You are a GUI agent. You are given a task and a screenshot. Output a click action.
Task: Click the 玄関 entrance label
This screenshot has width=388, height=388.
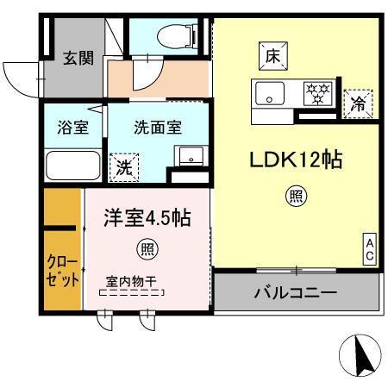click(77, 59)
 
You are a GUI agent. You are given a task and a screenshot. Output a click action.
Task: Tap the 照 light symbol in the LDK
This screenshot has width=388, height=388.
click(296, 197)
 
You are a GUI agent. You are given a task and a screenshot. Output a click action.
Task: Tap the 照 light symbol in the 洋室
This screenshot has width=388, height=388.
click(147, 251)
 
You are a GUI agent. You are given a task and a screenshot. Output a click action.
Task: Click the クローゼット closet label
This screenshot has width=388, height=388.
click(64, 271)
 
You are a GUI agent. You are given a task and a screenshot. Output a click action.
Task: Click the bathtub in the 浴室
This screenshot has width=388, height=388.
click(72, 163)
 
